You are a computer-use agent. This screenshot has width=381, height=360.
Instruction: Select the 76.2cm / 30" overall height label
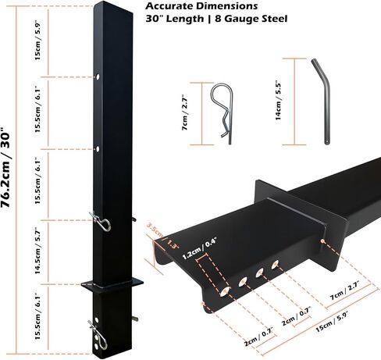tap(5, 166)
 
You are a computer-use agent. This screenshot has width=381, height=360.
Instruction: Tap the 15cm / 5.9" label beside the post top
tap(38, 40)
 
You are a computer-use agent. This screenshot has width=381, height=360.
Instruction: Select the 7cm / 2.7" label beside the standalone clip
tap(185, 112)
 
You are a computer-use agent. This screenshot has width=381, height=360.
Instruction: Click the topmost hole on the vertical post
tap(98, 77)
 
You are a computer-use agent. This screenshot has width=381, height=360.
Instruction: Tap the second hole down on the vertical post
tap(98, 149)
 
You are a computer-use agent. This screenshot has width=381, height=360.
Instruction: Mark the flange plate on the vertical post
tap(112, 283)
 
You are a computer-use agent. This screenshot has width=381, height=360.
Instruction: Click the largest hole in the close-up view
tap(225, 291)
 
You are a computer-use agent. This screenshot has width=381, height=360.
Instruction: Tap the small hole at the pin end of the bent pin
tap(326, 142)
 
